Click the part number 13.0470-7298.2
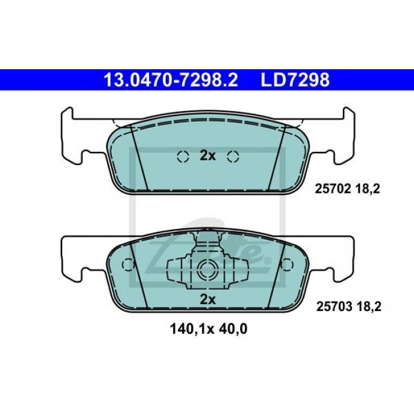171,80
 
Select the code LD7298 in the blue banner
295,80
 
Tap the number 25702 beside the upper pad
332,189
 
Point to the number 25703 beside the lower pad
334,306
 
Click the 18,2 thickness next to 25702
367,189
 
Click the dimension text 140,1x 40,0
209,329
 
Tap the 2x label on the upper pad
208,156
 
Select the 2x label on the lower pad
208,299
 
